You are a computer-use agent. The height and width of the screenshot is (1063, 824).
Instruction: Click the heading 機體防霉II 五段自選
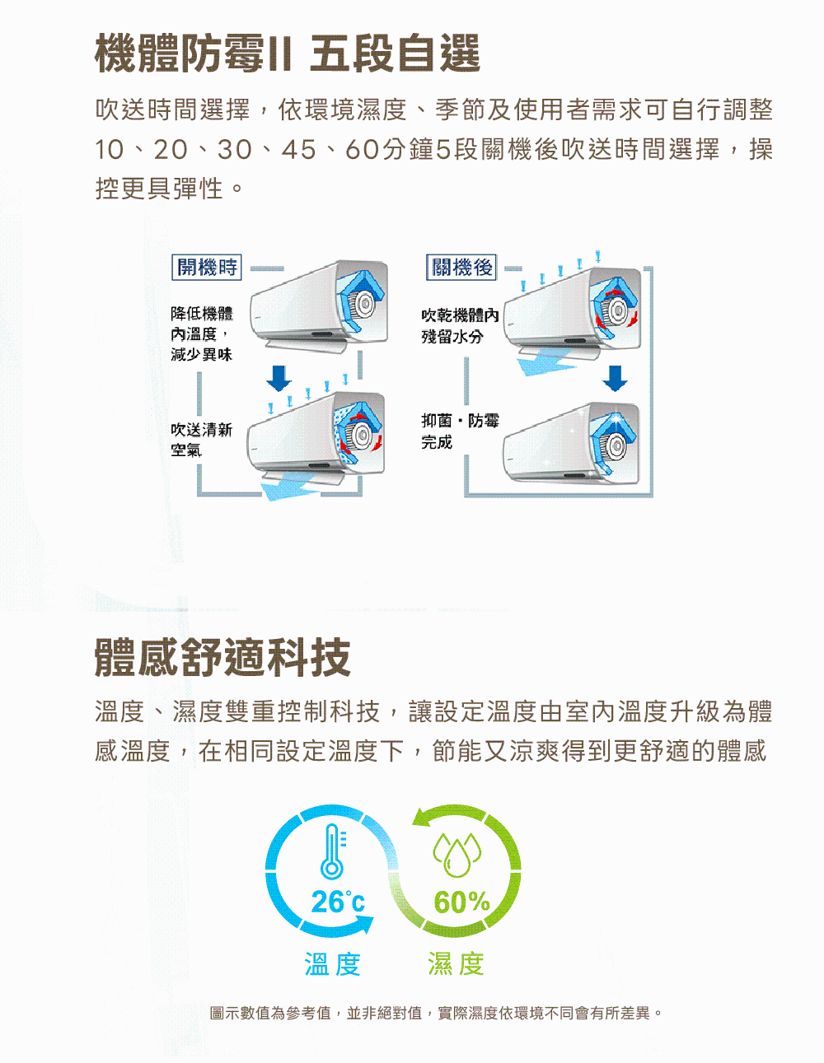click(288, 54)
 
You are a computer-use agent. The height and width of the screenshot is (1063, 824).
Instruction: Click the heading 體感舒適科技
click(222, 657)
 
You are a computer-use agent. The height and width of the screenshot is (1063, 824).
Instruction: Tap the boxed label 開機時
click(207, 267)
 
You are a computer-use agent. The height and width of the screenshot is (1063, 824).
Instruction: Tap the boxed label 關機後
click(461, 267)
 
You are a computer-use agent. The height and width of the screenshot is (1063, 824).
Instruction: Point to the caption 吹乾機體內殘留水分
click(460, 326)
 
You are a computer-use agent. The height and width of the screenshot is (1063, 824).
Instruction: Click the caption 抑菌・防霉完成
click(460, 431)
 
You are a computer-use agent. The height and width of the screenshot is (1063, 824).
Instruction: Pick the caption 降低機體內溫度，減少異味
click(202, 333)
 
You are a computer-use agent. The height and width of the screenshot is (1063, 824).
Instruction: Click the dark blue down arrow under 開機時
click(279, 378)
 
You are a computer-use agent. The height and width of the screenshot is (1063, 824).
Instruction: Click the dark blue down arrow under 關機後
click(615, 378)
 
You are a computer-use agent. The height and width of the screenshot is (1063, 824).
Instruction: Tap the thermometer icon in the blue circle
click(333, 851)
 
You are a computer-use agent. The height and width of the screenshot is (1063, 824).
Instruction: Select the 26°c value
click(338, 901)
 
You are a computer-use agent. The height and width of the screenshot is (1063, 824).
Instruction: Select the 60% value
click(461, 902)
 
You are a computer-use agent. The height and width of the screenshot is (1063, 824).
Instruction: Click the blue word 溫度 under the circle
click(333, 964)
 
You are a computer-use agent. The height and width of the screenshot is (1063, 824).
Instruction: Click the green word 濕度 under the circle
click(456, 964)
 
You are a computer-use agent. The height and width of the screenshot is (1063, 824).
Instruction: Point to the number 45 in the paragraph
click(298, 149)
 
